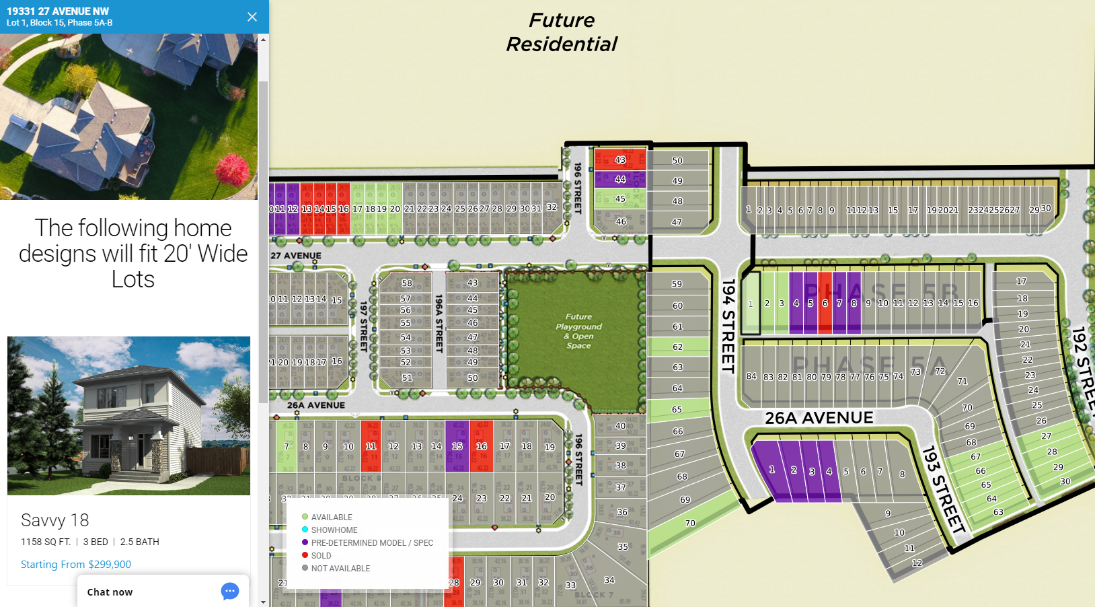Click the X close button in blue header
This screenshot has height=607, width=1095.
(x=252, y=17)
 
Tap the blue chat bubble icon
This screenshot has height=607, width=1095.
(x=230, y=592)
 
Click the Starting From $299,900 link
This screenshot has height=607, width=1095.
(x=76, y=564)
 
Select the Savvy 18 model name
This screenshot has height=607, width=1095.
(x=54, y=520)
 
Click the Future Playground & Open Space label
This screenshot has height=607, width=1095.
(x=578, y=331)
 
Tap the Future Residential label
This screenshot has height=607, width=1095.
(x=562, y=32)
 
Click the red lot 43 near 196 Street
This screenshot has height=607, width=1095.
(x=619, y=159)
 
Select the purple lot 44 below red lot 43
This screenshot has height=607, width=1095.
(x=619, y=179)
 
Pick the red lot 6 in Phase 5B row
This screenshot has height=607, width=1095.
(x=825, y=303)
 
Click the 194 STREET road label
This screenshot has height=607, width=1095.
(x=728, y=326)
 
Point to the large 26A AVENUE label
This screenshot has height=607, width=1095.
(x=819, y=418)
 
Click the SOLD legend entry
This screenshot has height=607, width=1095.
(x=321, y=555)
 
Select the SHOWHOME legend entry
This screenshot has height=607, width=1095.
(x=334, y=530)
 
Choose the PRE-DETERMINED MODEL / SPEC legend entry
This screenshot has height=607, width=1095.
(x=371, y=542)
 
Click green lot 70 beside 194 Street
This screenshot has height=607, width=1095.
(x=690, y=524)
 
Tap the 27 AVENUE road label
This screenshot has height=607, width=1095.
(x=296, y=256)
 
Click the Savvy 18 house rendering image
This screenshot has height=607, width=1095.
(x=128, y=415)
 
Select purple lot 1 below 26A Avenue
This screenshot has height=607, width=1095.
(x=771, y=470)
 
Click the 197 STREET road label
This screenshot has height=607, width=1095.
(x=363, y=326)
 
